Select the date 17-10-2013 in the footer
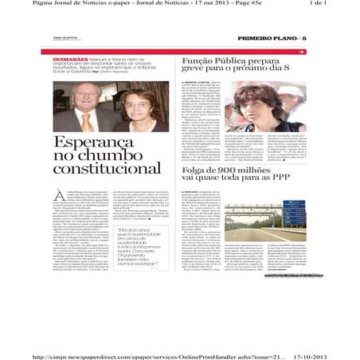326,336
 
